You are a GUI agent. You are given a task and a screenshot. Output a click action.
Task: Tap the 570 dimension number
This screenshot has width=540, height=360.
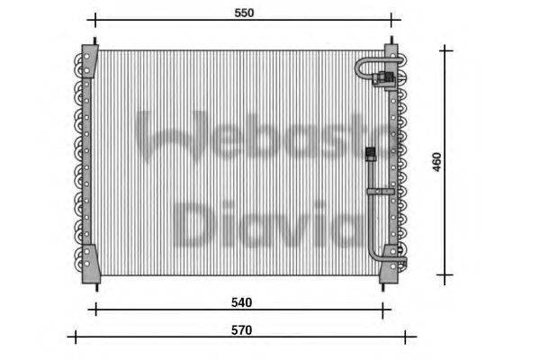[241, 330]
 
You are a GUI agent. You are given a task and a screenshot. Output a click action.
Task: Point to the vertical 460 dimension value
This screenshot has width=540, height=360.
[437, 162]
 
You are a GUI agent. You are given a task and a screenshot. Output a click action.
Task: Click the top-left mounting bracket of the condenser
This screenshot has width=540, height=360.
[87, 54]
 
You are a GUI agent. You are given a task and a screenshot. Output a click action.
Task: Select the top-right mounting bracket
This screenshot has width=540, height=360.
[391, 51]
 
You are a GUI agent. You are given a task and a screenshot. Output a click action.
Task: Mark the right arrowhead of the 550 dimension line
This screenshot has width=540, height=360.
[391, 20]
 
